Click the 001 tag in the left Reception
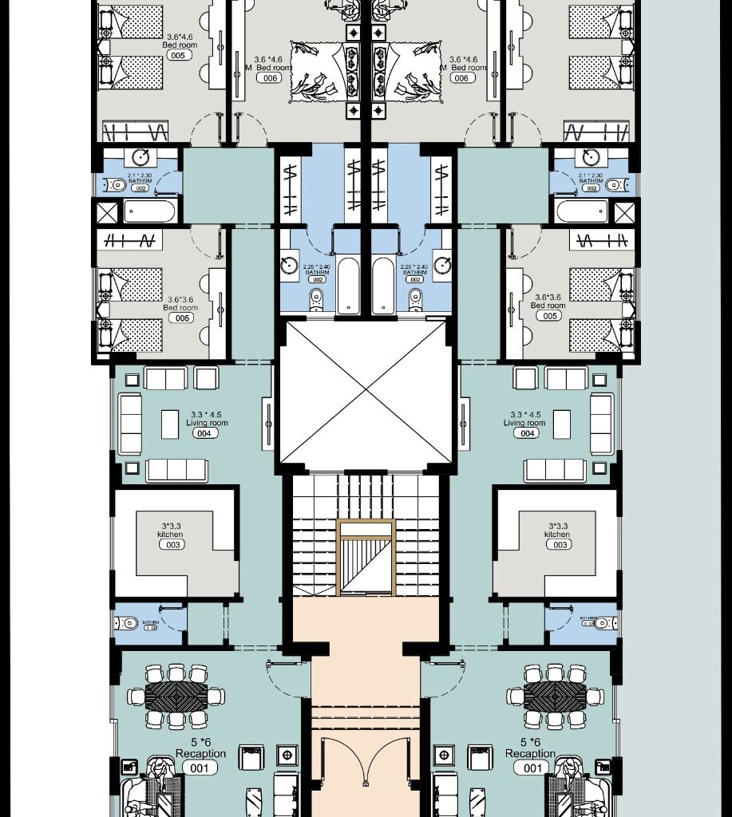click(x=200, y=768)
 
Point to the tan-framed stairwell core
click(x=366, y=558)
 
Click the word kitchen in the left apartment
click(x=171, y=535)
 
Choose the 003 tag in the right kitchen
click(x=557, y=545)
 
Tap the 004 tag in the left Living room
click(x=204, y=433)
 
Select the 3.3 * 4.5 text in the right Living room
click(x=526, y=415)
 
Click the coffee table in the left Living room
click(x=170, y=424)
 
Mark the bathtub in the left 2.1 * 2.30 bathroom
click(x=149, y=211)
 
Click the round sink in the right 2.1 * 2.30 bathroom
click(x=591, y=156)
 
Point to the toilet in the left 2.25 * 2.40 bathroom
click(x=316, y=298)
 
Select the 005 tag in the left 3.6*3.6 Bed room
click(x=183, y=318)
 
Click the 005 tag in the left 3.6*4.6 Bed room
click(x=178, y=56)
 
